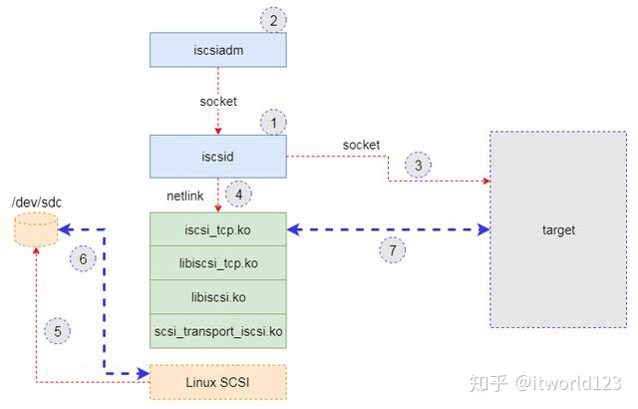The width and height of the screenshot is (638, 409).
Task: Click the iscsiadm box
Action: tap(217, 49)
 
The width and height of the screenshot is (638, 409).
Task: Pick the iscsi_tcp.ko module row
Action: tap(217, 230)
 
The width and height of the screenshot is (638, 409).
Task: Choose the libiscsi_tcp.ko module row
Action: tap(217, 263)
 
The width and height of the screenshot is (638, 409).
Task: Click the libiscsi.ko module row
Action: tap(217, 297)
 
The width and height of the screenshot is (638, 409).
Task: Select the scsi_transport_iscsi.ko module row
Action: tap(217, 330)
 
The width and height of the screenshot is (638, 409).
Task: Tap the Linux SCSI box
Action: tap(217, 383)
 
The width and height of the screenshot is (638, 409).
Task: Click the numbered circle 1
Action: tap(272, 123)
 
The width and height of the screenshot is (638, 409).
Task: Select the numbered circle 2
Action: tap(272, 18)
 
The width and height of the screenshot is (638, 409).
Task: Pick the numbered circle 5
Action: tap(58, 330)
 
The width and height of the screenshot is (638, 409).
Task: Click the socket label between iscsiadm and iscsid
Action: tap(217, 102)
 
